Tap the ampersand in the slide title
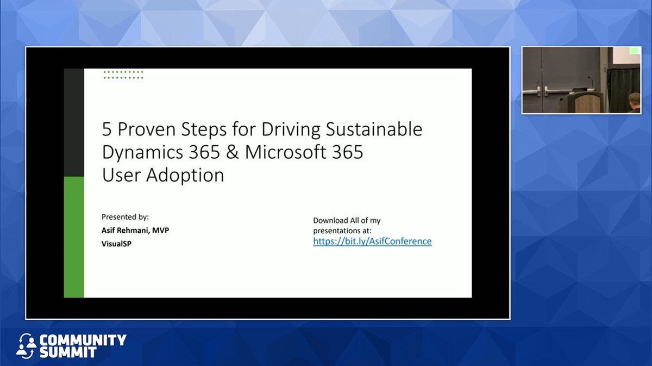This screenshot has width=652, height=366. pyautogui.click(x=232, y=152)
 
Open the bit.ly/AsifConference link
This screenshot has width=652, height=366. pyautogui.click(x=372, y=241)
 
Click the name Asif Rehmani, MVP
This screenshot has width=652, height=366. pyautogui.click(x=135, y=231)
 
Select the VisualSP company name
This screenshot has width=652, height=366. pyautogui.click(x=116, y=244)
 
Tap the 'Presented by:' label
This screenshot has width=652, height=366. pyautogui.click(x=125, y=217)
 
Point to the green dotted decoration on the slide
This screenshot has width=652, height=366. pyautogui.click(x=123, y=75)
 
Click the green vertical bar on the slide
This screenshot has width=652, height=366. pyautogui.click(x=74, y=237)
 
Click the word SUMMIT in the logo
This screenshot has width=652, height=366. pyautogui.click(x=68, y=352)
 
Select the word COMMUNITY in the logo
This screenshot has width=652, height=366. pyautogui.click(x=83, y=340)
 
